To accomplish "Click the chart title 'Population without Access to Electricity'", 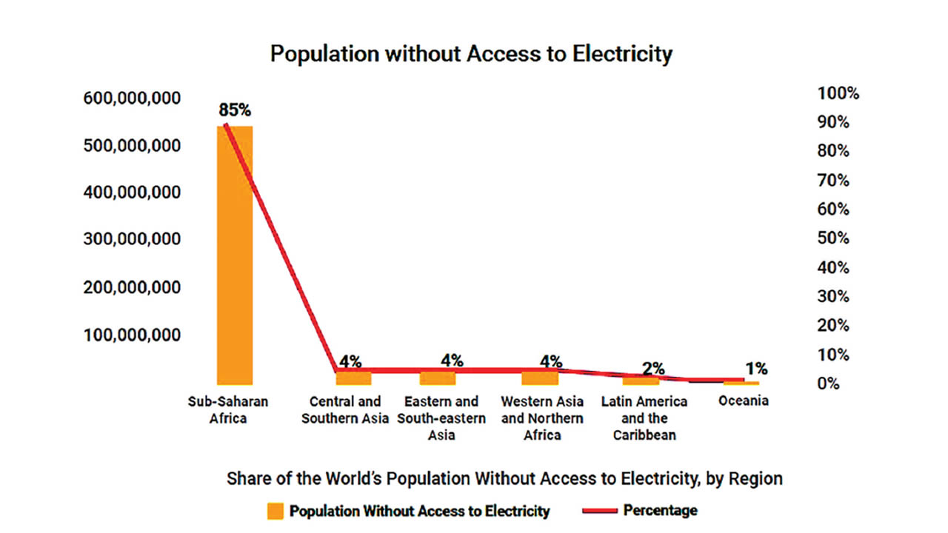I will [471, 55].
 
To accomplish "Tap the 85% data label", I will [234, 110].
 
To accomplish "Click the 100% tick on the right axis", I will [838, 93].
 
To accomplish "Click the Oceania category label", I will [744, 401].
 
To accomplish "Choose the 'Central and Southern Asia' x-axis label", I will [345, 410].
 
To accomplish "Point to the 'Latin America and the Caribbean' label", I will [644, 418].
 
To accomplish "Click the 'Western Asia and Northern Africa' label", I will [542, 418].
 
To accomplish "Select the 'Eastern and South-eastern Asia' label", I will [441, 418].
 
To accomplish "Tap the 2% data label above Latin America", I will [653, 368].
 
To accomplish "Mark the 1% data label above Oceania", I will [756, 368].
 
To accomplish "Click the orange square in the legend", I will [276, 511].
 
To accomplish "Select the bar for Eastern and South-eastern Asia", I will [438, 378].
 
